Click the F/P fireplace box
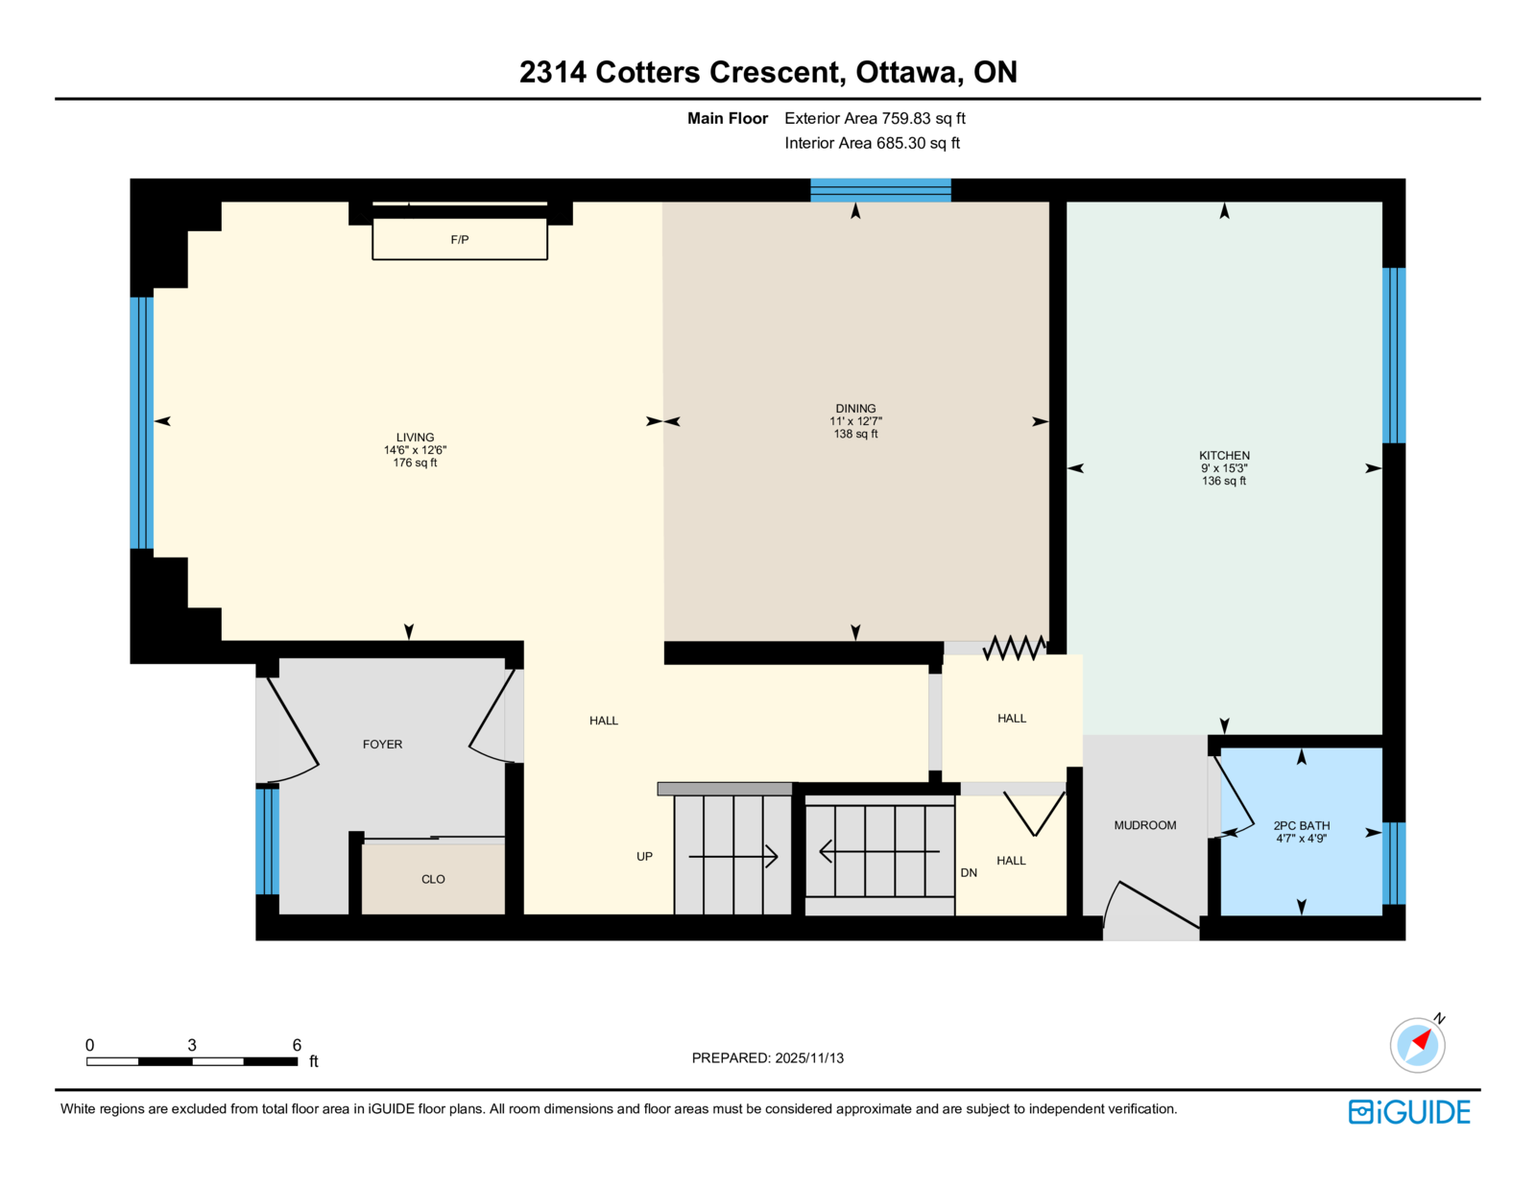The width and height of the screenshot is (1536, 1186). click(460, 239)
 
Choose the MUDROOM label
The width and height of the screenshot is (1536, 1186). click(1145, 825)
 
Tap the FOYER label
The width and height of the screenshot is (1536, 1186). click(382, 744)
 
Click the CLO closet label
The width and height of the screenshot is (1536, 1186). click(433, 879)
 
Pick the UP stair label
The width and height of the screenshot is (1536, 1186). click(644, 856)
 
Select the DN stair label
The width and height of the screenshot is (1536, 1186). click(969, 872)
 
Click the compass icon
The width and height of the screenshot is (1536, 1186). click(1417, 1045)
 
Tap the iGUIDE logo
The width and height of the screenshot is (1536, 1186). click(1408, 1112)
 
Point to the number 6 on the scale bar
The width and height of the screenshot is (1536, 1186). click(297, 1045)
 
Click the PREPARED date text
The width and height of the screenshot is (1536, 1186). click(768, 1057)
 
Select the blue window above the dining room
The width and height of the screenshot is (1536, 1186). click(880, 191)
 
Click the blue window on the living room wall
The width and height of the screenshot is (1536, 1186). click(141, 422)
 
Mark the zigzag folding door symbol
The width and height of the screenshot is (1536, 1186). click(1015, 647)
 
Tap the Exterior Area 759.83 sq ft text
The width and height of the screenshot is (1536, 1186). click(875, 118)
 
